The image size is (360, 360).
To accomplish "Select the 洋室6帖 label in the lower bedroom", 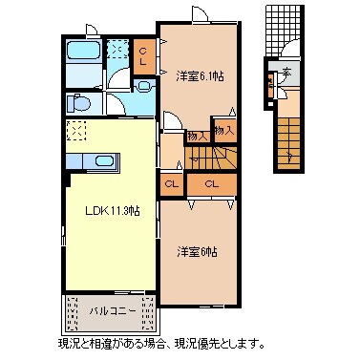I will pos(197,252).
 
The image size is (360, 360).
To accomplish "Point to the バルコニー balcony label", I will pos(111,311).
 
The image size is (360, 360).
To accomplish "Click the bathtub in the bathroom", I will pos(84,52).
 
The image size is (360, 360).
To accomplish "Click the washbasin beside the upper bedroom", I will pos(144,85).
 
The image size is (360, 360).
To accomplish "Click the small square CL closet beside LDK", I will pos(172,183).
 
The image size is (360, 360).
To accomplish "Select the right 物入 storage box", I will pos(223,130).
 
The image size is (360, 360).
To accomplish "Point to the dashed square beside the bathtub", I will pos(117,50).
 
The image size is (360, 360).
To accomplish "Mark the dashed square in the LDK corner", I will pos(77,132).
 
